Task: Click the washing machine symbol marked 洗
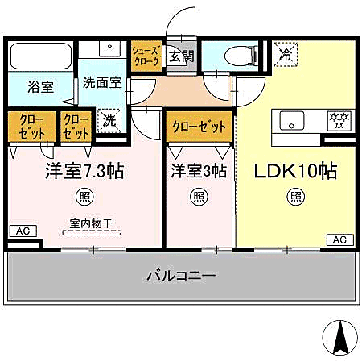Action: pyautogui.click(x=109, y=120)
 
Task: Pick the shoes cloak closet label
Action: pyautogui.click(x=146, y=56)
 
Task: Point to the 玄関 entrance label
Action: pyautogui.click(x=181, y=56)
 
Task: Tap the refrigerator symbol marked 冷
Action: pyautogui.click(x=285, y=54)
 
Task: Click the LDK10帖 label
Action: pyautogui.click(x=295, y=172)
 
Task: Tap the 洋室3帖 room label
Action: pyautogui.click(x=198, y=172)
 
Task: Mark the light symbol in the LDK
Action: pyautogui.click(x=296, y=196)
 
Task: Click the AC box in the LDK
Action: pyautogui.click(x=339, y=239)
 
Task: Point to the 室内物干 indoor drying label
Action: pyautogui.click(x=91, y=227)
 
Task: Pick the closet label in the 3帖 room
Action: pyautogui.click(x=199, y=127)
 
